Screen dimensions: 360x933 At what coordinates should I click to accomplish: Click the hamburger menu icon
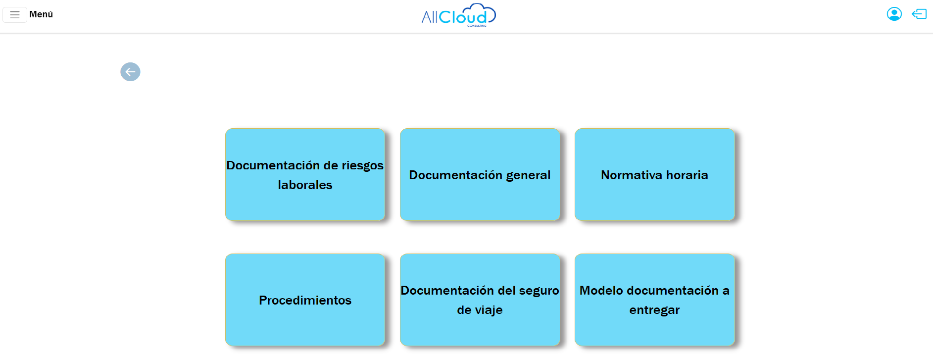15,14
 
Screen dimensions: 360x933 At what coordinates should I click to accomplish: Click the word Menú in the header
41,14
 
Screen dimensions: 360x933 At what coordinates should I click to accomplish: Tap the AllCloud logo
458,15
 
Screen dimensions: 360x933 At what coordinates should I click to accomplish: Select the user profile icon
894,14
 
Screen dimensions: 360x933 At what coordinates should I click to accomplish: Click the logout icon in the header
919,14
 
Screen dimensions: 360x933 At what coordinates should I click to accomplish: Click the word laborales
305,185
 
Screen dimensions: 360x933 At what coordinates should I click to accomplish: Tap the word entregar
654,310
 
